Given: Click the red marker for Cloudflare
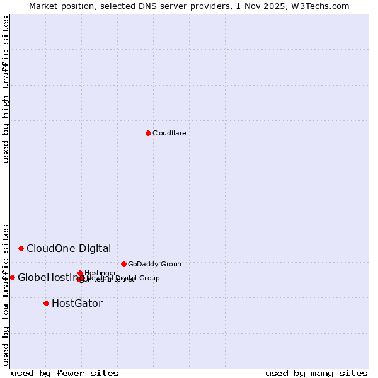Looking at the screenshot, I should point(148,133).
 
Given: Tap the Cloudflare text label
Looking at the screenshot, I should point(169,133).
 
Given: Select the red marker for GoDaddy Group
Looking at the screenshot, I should point(123,264).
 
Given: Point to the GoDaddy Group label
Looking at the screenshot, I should point(154,264).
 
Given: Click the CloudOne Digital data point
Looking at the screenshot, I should point(21,248).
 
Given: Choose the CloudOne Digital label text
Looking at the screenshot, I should point(69,248).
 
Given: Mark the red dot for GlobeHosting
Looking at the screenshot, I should point(12,277).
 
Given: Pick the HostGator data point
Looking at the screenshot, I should point(46,303).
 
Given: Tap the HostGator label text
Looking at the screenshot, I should point(77,303).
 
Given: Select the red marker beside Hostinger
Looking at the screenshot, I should point(80,273).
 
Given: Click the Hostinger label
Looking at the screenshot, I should point(100,273).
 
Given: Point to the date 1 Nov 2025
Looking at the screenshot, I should point(269,6).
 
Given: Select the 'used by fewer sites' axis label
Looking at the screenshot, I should point(65,373).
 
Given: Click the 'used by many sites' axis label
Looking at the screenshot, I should point(316,373).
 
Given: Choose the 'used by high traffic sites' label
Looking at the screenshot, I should point(6,89).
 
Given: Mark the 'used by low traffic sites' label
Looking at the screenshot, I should point(6,294).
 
